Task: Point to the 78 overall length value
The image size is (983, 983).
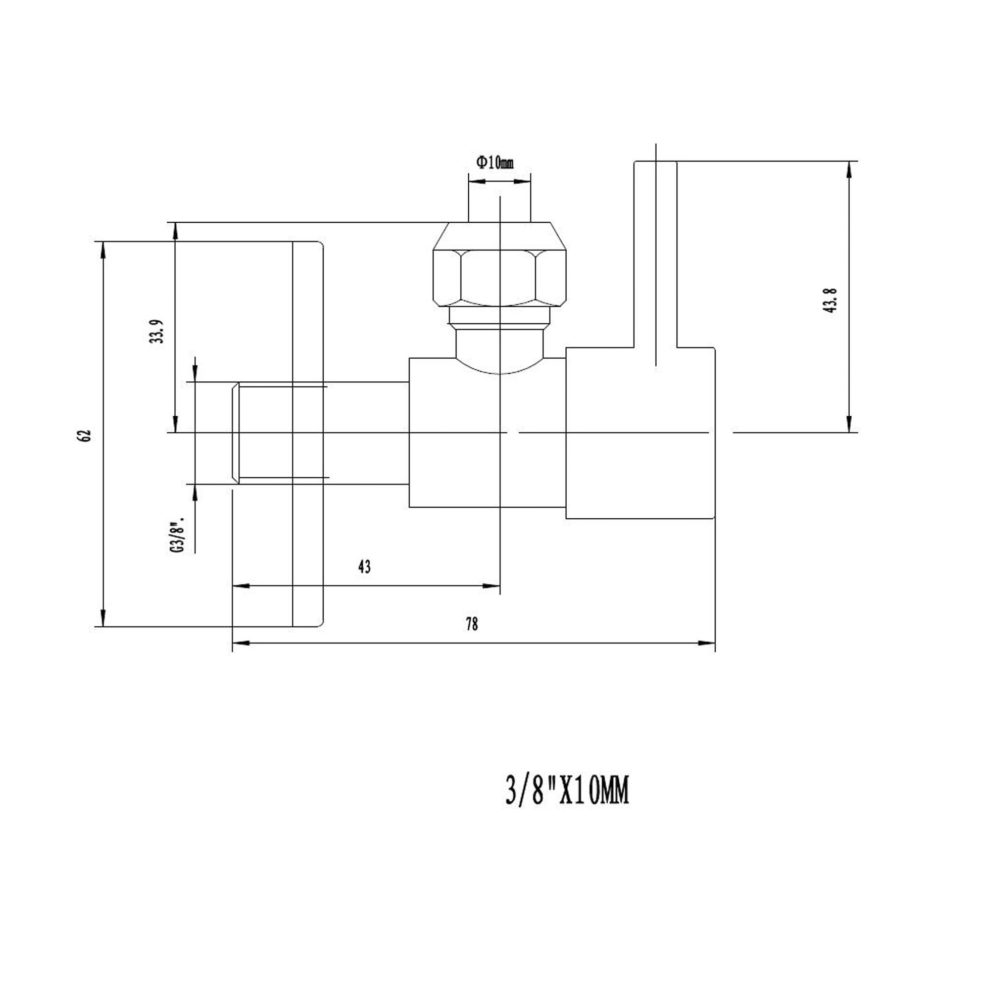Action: click(x=472, y=624)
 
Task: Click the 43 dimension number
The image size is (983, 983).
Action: click(x=364, y=567)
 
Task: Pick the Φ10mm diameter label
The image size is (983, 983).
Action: click(x=495, y=163)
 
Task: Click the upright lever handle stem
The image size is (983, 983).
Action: click(x=655, y=255)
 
